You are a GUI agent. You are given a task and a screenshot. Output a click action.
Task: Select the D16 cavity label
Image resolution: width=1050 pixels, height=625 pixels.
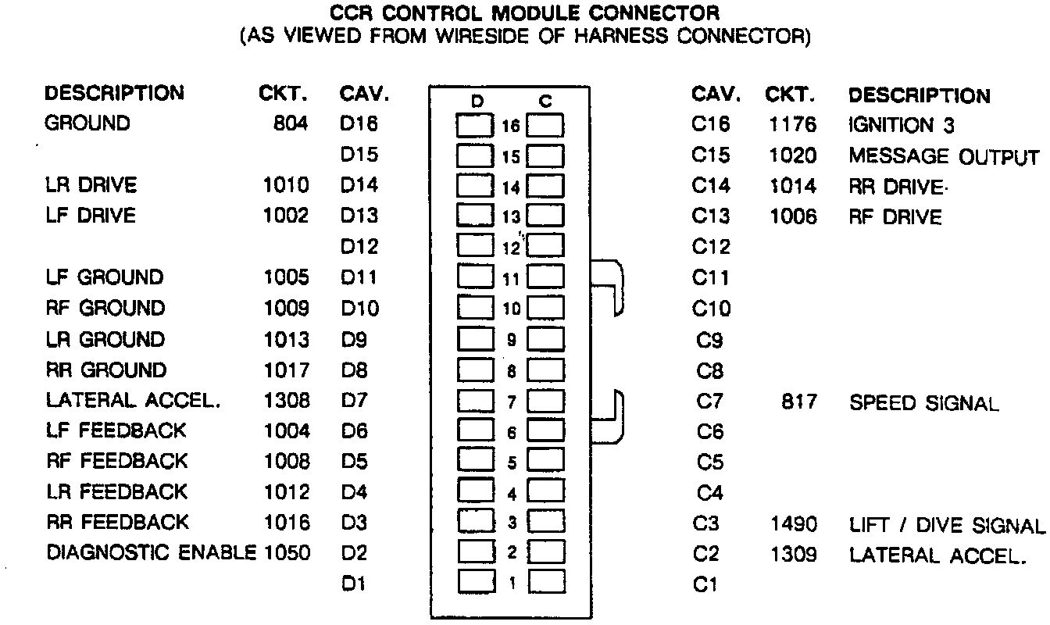click(x=359, y=123)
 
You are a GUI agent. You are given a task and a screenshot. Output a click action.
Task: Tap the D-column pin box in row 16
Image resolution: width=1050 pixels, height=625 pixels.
click(x=475, y=127)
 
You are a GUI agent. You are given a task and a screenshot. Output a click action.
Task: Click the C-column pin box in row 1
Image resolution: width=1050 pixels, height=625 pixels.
click(x=547, y=582)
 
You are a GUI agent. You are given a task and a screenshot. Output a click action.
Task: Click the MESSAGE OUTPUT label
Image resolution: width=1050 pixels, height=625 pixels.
click(x=944, y=156)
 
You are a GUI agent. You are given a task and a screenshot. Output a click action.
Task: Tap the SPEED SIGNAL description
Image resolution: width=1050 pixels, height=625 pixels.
click(x=923, y=403)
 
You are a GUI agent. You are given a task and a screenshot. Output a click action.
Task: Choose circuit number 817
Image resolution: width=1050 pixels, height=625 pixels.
click(x=798, y=402)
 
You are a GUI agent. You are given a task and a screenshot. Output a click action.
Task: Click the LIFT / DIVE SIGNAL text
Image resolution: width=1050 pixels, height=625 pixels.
click(x=946, y=525)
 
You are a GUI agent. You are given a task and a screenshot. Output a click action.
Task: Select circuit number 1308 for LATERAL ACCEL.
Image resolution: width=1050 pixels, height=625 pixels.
click(x=286, y=401)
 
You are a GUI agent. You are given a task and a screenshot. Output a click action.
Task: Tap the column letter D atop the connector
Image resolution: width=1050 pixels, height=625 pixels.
click(x=477, y=101)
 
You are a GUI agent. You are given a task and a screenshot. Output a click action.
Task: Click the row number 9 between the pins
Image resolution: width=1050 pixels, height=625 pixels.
click(x=512, y=341)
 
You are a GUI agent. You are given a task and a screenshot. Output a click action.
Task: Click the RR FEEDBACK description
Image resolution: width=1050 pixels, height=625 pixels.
click(x=117, y=522)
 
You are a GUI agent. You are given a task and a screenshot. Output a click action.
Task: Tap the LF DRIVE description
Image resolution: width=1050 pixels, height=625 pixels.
click(x=91, y=216)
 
